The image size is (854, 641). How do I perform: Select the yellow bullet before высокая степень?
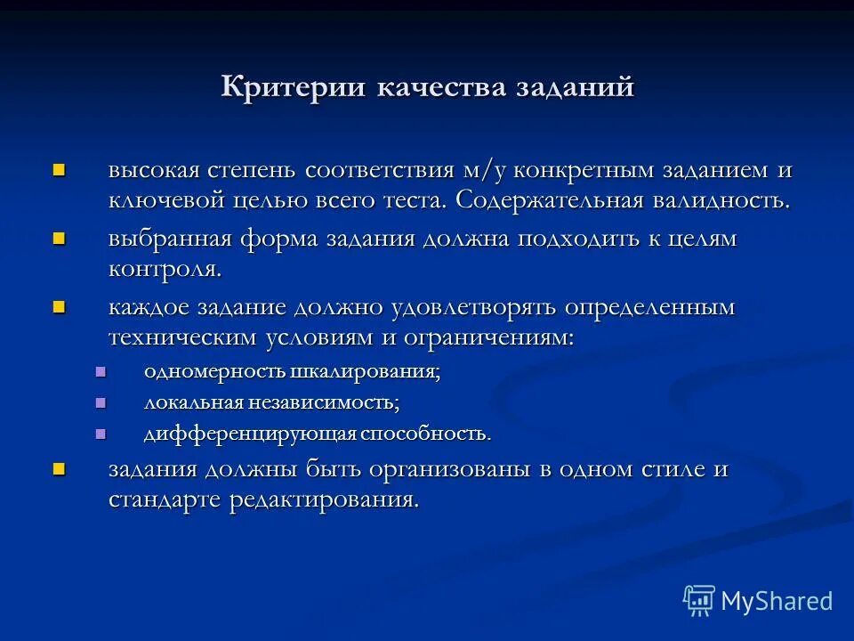(x=60, y=168)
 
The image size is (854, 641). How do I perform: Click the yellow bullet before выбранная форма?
(x=60, y=238)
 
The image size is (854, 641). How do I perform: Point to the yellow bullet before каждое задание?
(x=60, y=306)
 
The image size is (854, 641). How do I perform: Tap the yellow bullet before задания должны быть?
(x=60, y=468)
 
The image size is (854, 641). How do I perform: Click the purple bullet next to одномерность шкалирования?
(x=100, y=371)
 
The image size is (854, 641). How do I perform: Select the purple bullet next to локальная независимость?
(x=100, y=402)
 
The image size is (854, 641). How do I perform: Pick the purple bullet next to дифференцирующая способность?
(x=100, y=434)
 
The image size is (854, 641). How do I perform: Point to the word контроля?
(x=165, y=269)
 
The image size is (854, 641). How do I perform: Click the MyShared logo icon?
(x=698, y=600)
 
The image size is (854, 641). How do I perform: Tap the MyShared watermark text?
(x=777, y=601)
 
